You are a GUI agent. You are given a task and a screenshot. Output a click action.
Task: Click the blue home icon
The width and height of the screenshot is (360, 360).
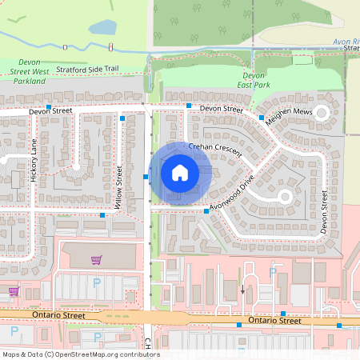[x=180, y=172]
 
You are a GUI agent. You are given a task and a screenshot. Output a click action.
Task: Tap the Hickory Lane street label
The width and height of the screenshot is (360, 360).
[x=34, y=162]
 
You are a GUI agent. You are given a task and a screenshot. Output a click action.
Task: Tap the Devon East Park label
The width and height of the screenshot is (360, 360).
[x=254, y=80]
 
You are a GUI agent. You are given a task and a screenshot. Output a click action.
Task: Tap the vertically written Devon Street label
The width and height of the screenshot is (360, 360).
[x=325, y=211]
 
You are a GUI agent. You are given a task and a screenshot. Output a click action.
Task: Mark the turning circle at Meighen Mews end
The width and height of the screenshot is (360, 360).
[x=322, y=114]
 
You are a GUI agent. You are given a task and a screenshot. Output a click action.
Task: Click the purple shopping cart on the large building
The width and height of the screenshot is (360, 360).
[x=97, y=260]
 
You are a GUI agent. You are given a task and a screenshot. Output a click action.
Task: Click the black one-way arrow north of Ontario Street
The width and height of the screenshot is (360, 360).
[x=242, y=288]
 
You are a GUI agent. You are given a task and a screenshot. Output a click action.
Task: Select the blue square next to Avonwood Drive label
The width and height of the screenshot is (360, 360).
[x=206, y=210]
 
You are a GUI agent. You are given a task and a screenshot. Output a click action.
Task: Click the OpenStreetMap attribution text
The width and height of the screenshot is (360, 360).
[x=81, y=354]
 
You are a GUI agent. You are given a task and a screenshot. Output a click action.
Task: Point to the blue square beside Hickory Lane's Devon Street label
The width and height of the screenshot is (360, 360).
[x=49, y=106]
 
